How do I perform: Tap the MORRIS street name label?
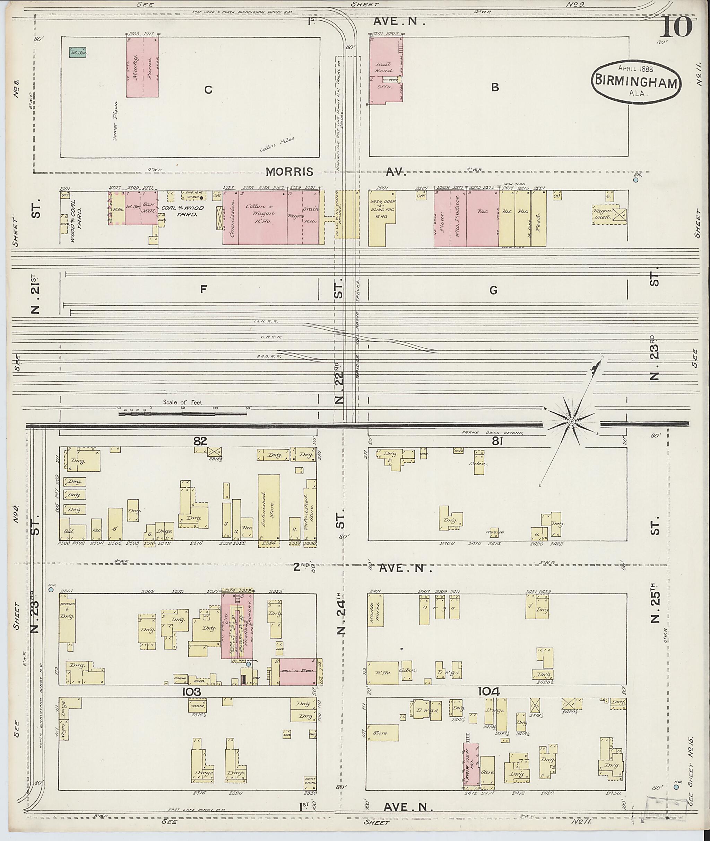pyautogui.click(x=289, y=172)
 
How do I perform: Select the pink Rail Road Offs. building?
pyautogui.click(x=386, y=70)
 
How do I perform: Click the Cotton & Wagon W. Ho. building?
pyautogui.click(x=262, y=217)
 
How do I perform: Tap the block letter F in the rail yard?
pyautogui.click(x=203, y=289)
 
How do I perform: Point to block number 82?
pyautogui.click(x=200, y=441)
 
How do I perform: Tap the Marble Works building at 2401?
pyautogui.click(x=375, y=611)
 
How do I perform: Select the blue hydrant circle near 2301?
pyautogui.click(x=51, y=590)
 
